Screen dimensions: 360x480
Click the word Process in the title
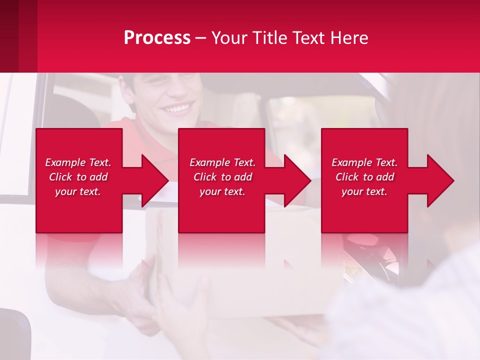coord(157,38)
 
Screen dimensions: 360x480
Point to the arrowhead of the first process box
coord(155,180)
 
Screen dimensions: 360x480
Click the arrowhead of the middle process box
coord(297,180)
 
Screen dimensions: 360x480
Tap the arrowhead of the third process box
coord(440,180)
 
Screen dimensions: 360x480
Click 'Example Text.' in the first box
coord(78,162)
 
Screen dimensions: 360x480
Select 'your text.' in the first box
coord(78,191)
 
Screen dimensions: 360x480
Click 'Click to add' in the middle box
coord(222,177)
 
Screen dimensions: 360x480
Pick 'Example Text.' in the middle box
coord(222,162)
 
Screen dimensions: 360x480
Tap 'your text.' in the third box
coord(364,191)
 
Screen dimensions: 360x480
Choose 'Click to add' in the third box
coord(364,177)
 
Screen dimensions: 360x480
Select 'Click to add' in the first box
coord(78,177)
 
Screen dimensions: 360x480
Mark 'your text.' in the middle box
coord(222,191)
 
